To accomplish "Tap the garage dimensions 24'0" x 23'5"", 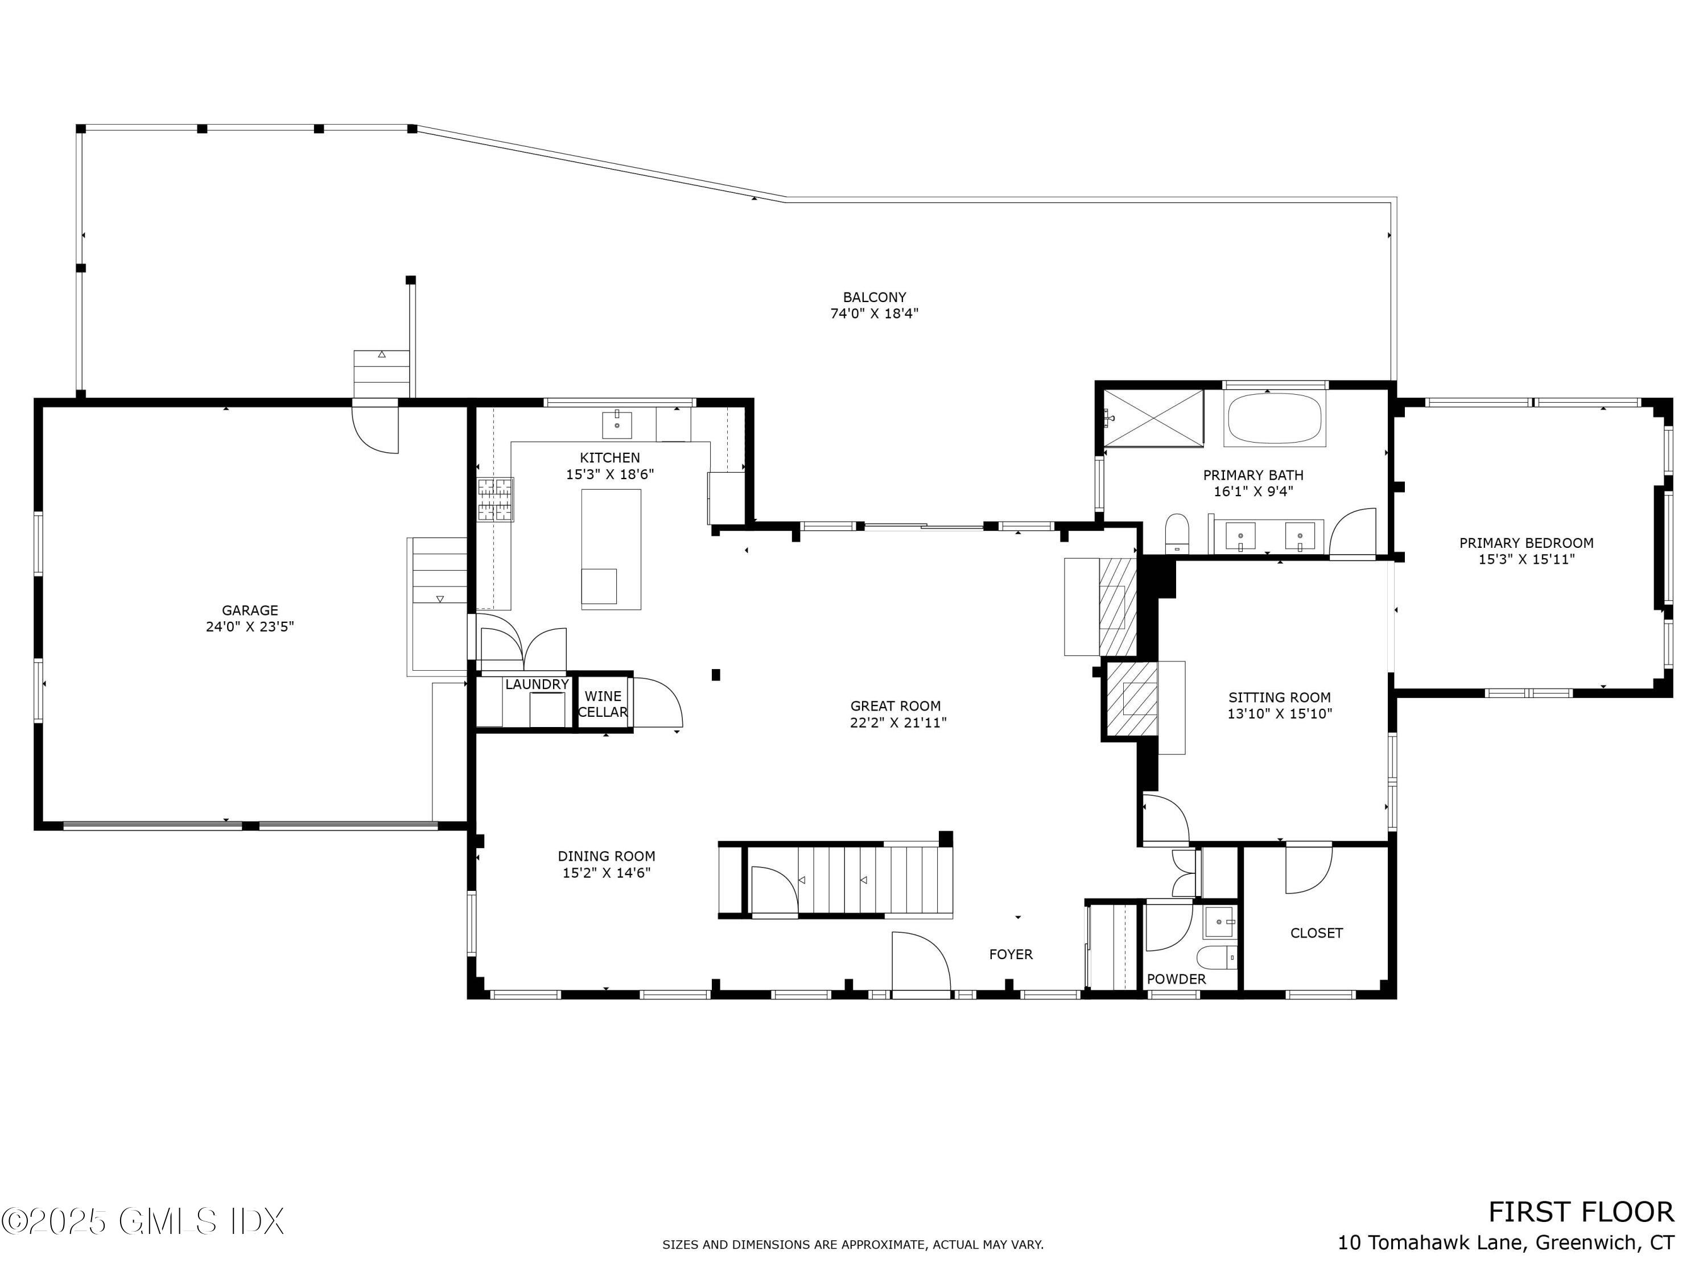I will coord(249,626).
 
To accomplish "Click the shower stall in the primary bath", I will coord(1153,418).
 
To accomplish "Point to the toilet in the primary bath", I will coord(1177,532).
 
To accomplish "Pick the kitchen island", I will coord(611,548).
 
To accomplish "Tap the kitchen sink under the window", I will coord(617,425).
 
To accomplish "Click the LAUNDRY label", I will coord(537,684).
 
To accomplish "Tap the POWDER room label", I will coord(1176,979).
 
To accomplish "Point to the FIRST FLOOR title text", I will coord(1581,1212).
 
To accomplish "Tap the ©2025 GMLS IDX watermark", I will coord(143,1221).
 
